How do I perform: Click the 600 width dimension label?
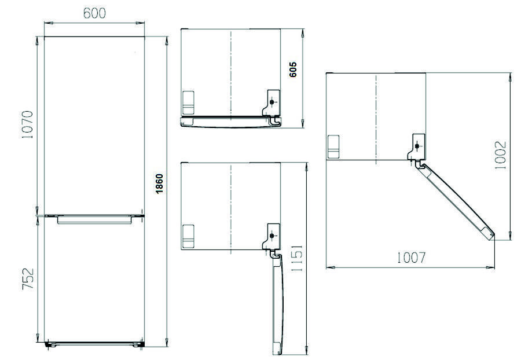pyautogui.click(x=94, y=13)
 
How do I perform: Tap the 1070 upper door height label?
pyautogui.click(x=28, y=124)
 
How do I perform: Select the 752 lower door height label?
pyautogui.click(x=28, y=278)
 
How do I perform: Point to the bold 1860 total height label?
pyautogui.click(x=159, y=183)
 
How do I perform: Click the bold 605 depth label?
pyautogui.click(x=293, y=69)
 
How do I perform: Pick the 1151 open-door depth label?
pyautogui.click(x=297, y=258)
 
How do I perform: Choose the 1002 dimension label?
pyautogui.click(x=500, y=155)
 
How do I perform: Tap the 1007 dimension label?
pyautogui.click(x=412, y=258)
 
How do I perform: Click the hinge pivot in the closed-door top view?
pyautogui.click(x=272, y=102)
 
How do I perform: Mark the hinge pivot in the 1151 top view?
pyautogui.click(x=272, y=236)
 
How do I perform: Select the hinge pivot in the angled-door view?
pyautogui.click(x=417, y=146)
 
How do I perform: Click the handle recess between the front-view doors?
pyautogui.click(x=95, y=219)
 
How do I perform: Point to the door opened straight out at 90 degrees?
pyautogui.click(x=277, y=304)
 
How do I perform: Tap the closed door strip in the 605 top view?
pyautogui.click(x=230, y=122)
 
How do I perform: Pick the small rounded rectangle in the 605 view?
pyautogui.click(x=188, y=102)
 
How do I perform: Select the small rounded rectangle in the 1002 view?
pyautogui.click(x=333, y=147)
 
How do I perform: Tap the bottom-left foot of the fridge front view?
pyautogui.click(x=50, y=344)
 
